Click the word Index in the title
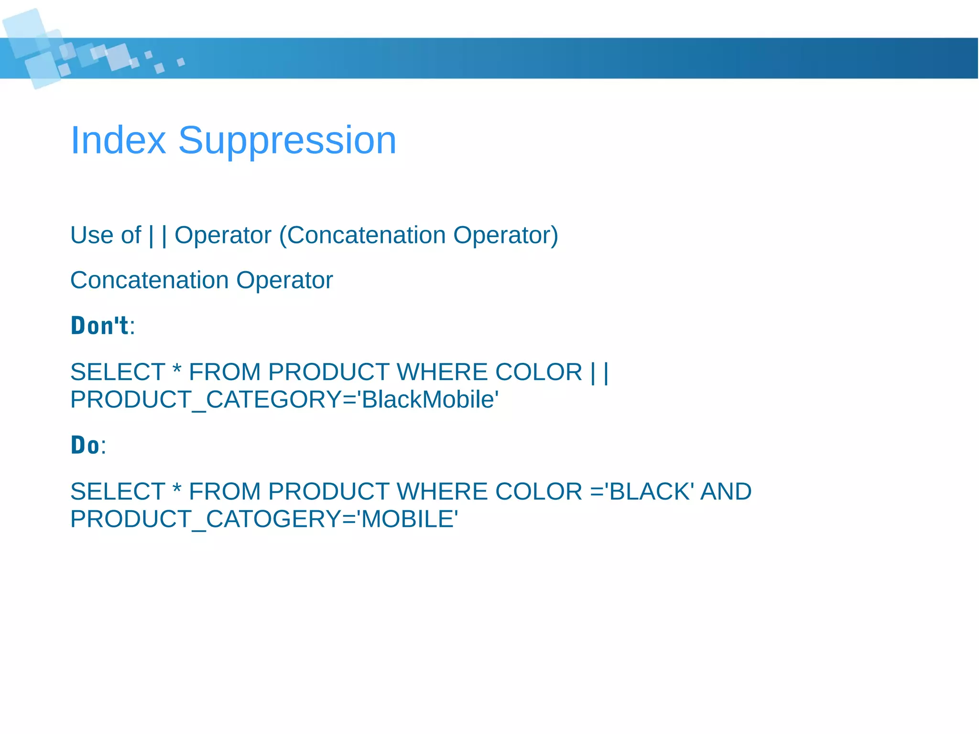tap(118, 140)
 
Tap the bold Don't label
tap(100, 326)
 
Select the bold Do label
tap(85, 445)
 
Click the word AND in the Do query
tap(726, 492)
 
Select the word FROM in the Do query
tap(225, 492)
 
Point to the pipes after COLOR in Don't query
tap(599, 372)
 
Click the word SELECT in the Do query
tap(118, 492)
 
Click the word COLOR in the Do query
tap(539, 492)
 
